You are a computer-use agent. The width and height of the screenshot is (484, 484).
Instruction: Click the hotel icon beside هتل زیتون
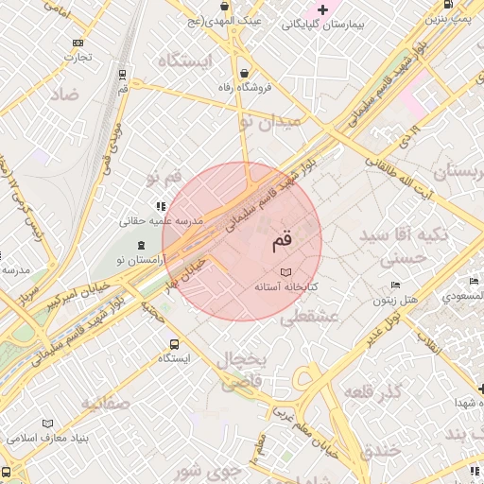(x=395, y=285)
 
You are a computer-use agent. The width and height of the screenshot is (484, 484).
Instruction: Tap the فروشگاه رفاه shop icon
(x=245, y=73)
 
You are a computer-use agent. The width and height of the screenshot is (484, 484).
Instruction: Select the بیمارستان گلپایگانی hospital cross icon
(x=323, y=9)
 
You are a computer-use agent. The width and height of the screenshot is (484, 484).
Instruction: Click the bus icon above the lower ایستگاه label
(x=174, y=344)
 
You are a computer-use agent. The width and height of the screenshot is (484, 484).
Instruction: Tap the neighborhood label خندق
(x=381, y=450)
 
